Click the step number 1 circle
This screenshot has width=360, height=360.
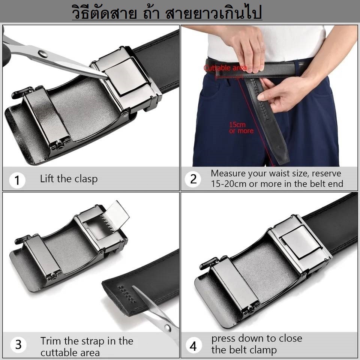coord(17,180)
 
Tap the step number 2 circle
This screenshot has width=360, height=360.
coord(193,179)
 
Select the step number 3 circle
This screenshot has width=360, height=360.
coord(18,344)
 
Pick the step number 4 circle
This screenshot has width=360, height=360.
coord(193,345)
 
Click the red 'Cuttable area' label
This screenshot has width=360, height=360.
coord(225,68)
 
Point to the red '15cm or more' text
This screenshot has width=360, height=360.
coord(241,127)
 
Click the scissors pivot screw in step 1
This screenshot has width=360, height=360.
coord(43,54)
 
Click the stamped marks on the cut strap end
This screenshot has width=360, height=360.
coord(127,294)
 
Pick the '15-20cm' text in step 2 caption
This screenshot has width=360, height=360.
coord(229,184)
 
